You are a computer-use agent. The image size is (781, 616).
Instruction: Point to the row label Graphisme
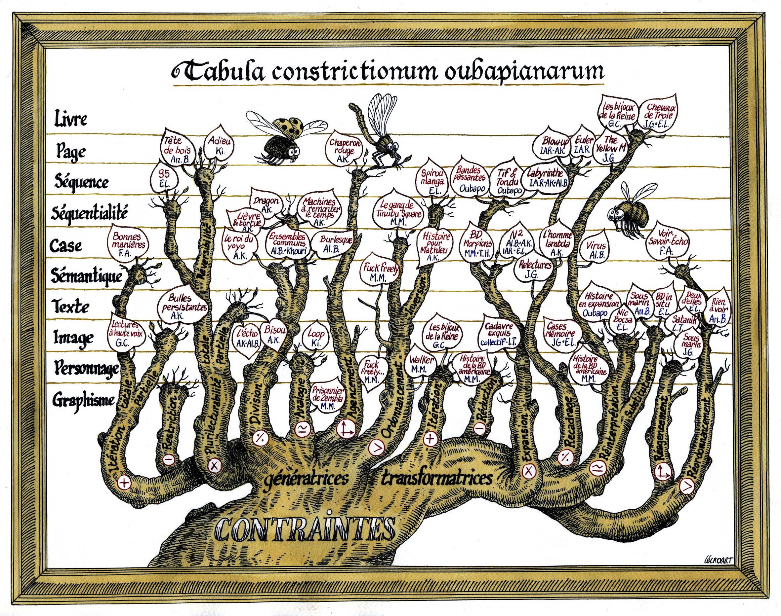coord(84,400)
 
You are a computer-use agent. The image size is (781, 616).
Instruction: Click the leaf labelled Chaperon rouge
coord(345,150)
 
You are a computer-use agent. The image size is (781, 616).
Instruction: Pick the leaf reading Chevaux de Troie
coord(660,115)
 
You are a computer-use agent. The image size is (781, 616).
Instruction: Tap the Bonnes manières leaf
coord(127,243)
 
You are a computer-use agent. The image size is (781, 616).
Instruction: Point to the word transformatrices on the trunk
coord(437,478)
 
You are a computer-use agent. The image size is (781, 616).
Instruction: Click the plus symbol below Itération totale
coord(124,483)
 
